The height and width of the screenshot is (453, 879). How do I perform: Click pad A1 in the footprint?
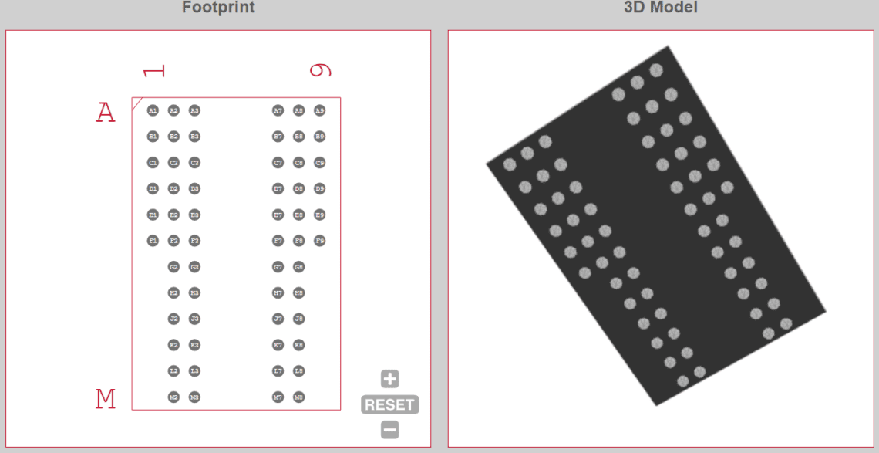tap(153, 110)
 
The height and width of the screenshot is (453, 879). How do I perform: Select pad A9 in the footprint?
tap(320, 110)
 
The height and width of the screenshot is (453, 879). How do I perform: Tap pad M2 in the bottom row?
tap(173, 397)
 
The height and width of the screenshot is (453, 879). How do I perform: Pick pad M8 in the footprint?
tap(299, 397)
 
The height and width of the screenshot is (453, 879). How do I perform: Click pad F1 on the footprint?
tap(153, 241)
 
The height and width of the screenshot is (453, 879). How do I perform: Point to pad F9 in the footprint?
tap(320, 241)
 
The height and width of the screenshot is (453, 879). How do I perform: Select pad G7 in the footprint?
tap(278, 267)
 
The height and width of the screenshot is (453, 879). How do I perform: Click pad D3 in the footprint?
tap(194, 188)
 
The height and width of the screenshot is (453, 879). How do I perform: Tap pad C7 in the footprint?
tap(278, 163)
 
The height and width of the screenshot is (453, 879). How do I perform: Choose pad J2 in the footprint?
tap(173, 319)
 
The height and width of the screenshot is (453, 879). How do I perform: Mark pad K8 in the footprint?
tap(299, 345)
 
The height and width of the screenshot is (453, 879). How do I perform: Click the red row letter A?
tap(106, 113)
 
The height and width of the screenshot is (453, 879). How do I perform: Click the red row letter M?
tap(106, 399)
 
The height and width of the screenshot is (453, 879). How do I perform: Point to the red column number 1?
tap(154, 71)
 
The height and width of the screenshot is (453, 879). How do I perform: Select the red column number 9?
tap(320, 70)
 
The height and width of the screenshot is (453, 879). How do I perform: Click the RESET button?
tap(390, 404)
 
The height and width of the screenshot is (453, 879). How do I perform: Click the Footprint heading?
tap(218, 8)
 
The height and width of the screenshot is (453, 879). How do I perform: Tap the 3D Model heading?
tap(660, 8)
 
